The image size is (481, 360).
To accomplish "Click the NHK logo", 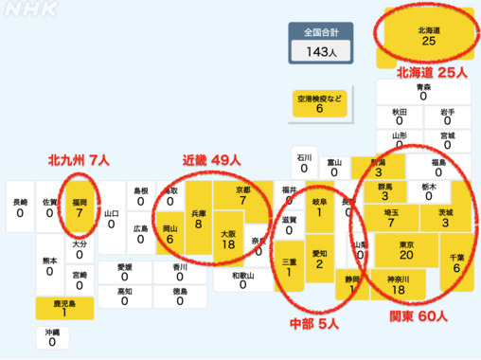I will coord(29,12).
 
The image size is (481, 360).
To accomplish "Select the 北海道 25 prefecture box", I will coord(428,34).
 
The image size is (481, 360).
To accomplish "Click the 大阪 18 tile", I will coord(227,238).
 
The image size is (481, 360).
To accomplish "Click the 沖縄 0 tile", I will coord(51,338).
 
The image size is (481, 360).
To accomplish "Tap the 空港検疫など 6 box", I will coord(319,103).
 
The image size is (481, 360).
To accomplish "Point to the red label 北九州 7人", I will coord(80,159).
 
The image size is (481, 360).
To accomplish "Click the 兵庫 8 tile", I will coord(199,220).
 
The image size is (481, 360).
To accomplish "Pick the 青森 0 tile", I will coord(423,91).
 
